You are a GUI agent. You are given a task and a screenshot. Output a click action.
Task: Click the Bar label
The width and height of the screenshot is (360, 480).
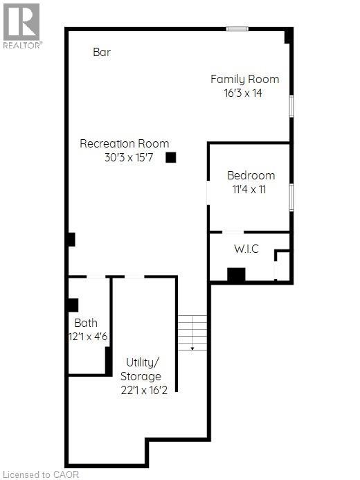pyautogui.click(x=102, y=52)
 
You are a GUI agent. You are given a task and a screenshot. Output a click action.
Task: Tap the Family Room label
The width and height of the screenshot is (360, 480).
pyautogui.click(x=244, y=79)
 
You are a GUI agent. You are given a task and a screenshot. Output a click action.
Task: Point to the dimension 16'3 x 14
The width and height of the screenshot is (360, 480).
pyautogui.click(x=237, y=92)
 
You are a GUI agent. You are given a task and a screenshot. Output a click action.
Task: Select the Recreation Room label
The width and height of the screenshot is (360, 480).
pyautogui.click(x=125, y=144)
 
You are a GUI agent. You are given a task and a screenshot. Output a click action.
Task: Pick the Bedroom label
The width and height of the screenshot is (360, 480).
pyautogui.click(x=251, y=175)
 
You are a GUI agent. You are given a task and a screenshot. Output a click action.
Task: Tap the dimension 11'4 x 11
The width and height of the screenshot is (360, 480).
pyautogui.click(x=249, y=188)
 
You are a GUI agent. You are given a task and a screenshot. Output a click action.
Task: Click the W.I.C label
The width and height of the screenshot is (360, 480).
pyautogui.click(x=246, y=249)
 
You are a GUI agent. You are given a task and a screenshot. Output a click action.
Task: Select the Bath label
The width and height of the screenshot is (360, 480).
pyautogui.click(x=86, y=323)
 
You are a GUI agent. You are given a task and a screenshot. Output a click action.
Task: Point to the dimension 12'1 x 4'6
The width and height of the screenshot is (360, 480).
pyautogui.click(x=91, y=336)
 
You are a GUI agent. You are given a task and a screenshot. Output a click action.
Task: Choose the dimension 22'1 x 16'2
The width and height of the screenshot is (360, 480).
pyautogui.click(x=144, y=390)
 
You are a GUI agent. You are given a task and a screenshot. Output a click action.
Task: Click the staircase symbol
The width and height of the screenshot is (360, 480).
pyautogui.click(x=192, y=332)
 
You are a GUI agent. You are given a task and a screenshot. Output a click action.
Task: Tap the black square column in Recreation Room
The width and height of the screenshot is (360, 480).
pyautogui.click(x=171, y=157)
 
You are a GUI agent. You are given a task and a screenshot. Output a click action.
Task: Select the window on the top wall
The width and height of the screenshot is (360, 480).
pyautogui.click(x=237, y=28)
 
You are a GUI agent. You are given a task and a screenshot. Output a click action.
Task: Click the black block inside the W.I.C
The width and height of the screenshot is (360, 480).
pyautogui.click(x=236, y=274)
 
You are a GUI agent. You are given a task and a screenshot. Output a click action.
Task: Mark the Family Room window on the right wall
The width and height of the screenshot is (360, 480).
pyautogui.click(x=291, y=107)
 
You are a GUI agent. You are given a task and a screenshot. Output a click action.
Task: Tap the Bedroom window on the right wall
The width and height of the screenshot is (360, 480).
pyautogui.click(x=291, y=197)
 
